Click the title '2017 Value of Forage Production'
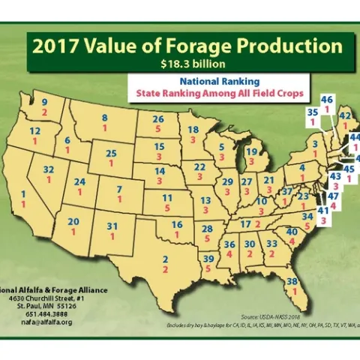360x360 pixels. [x=186, y=46]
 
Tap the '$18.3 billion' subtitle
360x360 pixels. [x=186, y=64]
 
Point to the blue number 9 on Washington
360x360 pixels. [x=44, y=103]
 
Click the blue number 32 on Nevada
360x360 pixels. [x=49, y=170]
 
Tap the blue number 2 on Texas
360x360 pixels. [x=164, y=259]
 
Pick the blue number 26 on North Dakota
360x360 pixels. [x=158, y=118]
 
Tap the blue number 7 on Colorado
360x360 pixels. [x=118, y=189]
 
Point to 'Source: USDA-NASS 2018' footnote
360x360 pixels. [x=282, y=317]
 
